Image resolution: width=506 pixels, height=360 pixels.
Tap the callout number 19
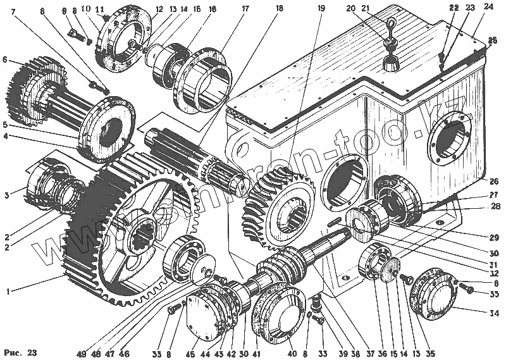click(321, 8)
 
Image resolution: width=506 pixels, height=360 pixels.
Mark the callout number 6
click(5, 61)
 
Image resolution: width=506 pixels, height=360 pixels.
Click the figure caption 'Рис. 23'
click(21, 351)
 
